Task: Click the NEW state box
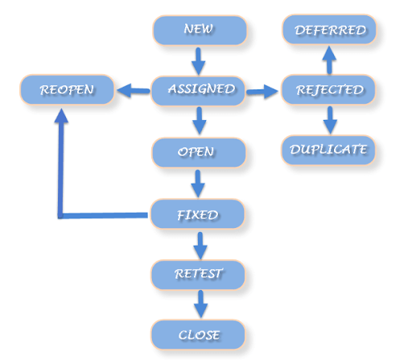click(200, 31)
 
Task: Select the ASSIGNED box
click(200, 89)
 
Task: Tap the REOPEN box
click(67, 90)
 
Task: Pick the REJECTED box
click(328, 89)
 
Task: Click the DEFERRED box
click(329, 31)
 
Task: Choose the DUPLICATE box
click(328, 150)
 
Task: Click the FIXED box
click(198, 215)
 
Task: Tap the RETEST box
click(198, 275)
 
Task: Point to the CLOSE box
click(198, 333)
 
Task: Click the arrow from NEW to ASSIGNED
click(200, 60)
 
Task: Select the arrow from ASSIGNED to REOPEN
click(134, 91)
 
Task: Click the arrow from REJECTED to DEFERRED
click(328, 60)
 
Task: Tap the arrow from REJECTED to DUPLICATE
click(328, 119)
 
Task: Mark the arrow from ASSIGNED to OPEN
click(200, 121)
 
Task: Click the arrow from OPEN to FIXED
click(198, 184)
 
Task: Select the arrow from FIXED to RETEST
click(199, 245)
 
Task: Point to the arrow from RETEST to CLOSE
click(200, 304)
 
